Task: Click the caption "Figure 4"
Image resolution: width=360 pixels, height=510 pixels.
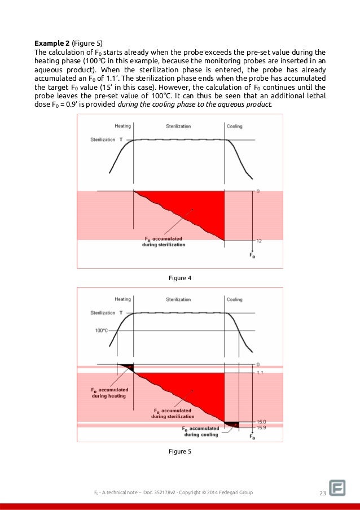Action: click(180, 277)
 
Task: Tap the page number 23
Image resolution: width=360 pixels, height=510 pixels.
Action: click(323, 493)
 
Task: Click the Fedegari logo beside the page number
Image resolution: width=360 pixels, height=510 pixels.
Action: click(338, 489)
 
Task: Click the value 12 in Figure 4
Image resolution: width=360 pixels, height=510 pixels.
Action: click(258, 241)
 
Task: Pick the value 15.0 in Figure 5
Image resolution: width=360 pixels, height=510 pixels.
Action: click(261, 421)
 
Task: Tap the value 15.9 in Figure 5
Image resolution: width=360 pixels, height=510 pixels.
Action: click(261, 428)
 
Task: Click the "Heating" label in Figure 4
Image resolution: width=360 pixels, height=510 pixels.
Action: click(122, 127)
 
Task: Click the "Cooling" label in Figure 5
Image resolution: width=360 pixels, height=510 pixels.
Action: click(234, 299)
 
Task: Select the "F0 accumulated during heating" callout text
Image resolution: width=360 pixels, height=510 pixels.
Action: click(109, 393)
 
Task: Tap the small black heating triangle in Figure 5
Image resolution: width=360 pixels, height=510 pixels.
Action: click(128, 366)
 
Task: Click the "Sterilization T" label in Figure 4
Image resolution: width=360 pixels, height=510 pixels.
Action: click(107, 139)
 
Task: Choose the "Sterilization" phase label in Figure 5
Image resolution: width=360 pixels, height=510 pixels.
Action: click(178, 299)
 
